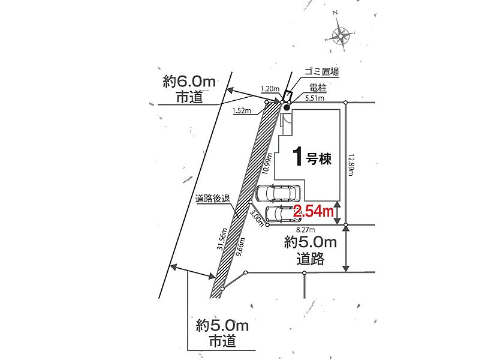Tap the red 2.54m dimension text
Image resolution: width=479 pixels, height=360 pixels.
(x=314, y=211)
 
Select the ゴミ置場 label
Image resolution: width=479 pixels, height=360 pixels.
(x=321, y=72)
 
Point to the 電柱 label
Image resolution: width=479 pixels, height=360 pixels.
(x=318, y=88)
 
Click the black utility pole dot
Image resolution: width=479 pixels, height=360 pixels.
(x=286, y=107)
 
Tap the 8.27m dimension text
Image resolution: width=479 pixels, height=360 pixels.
(x=306, y=229)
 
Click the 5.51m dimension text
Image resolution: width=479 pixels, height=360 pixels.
(x=315, y=98)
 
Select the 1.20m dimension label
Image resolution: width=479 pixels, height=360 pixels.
(x=270, y=89)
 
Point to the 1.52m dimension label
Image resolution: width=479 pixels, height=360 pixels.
(x=242, y=110)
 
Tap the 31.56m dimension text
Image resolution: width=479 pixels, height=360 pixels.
(x=222, y=239)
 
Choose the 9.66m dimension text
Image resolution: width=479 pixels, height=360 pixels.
(x=240, y=247)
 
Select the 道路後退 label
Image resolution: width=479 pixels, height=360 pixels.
(x=212, y=199)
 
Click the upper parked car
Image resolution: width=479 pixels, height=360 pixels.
(x=278, y=193)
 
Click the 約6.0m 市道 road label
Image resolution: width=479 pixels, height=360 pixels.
(x=189, y=89)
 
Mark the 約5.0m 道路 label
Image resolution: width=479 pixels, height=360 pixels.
(x=311, y=251)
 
